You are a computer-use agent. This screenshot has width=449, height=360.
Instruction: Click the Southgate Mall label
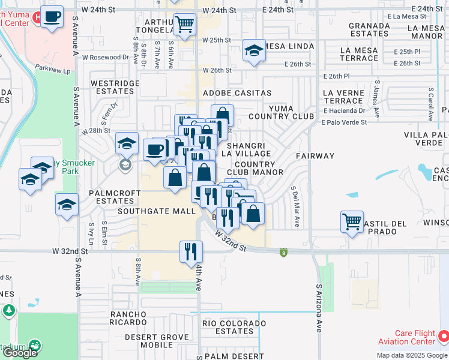pos(157,211)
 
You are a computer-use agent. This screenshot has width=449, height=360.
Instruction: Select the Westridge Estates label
pos(112,87)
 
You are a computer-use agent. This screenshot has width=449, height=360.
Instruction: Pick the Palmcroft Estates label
pos(114,197)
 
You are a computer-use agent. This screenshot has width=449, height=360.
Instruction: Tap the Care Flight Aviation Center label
pos(414,337)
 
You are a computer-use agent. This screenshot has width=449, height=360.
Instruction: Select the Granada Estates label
pos(369,29)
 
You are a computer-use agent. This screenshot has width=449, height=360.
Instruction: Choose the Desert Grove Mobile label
pos(157,341)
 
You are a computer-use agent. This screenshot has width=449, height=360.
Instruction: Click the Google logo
pos(20,353)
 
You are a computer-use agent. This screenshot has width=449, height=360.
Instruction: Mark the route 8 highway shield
pos(283,252)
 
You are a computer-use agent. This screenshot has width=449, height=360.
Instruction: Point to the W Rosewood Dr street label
pos(106,58)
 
